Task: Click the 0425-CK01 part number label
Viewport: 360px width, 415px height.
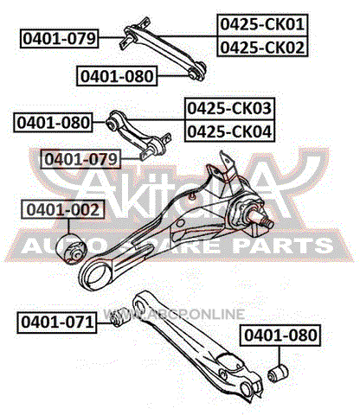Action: pos(262,24)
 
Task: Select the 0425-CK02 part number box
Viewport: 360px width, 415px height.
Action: pos(262,47)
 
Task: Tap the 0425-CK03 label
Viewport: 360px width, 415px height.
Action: pos(229,109)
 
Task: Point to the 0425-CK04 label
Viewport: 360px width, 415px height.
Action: pos(229,131)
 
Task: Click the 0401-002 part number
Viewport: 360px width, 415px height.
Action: pos(63,209)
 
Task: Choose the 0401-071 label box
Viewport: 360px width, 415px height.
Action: pos(57,322)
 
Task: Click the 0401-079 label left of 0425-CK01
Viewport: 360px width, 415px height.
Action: pos(59,38)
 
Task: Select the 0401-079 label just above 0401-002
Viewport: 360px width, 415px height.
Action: pos(81,159)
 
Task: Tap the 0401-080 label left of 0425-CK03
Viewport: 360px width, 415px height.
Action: pos(53,123)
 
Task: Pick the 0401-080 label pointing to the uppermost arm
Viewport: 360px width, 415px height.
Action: pos(117,76)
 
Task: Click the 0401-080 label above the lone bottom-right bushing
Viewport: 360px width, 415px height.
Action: pos(280,335)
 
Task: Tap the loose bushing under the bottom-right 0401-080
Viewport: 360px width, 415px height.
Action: pos(278,373)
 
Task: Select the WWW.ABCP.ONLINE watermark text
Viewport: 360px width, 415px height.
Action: pos(174,314)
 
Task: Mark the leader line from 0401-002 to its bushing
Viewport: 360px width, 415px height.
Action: pos(68,227)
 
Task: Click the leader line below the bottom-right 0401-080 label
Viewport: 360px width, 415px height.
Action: pos(280,355)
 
